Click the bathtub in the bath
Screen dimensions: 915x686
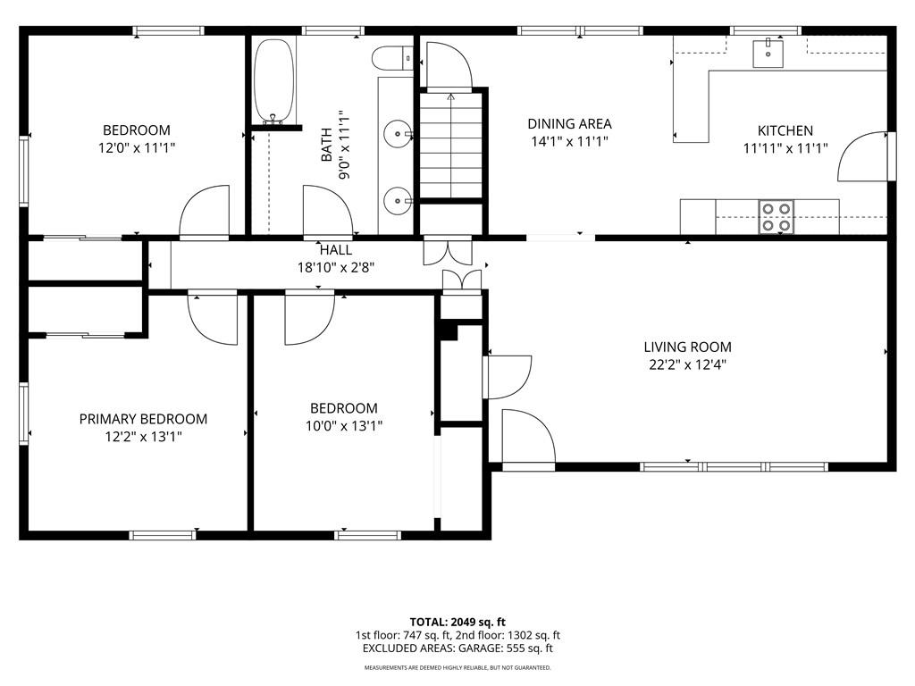273,80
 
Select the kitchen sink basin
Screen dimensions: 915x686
768,53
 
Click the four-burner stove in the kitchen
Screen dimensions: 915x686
776,217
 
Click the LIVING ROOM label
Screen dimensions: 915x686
687,347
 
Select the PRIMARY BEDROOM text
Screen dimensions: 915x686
143,419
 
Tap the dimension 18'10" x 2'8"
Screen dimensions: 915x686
336,268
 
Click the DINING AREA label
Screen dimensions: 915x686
569,123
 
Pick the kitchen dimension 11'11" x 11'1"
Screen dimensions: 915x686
785,149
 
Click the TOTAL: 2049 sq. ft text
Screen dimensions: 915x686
457,622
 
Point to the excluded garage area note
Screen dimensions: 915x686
457,648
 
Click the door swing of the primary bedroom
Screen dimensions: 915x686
213,320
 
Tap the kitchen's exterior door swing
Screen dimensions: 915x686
862,157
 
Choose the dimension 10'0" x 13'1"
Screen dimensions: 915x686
344,426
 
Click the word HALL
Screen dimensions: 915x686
336,250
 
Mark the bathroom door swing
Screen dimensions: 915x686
328,210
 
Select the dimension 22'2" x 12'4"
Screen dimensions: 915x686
687,365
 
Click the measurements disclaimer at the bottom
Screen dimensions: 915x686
457,667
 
